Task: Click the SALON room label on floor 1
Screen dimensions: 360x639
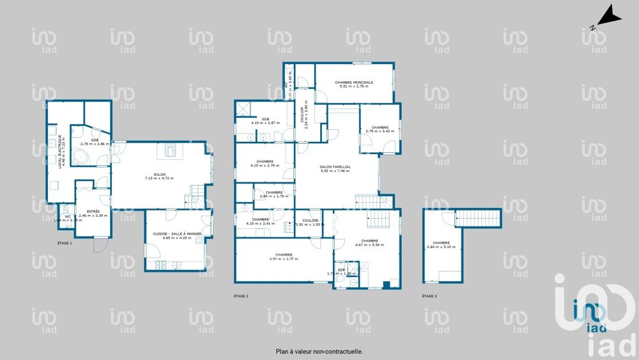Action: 160,174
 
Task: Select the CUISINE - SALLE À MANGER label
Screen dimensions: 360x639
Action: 177,234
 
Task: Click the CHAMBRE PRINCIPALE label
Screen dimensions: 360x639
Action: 354,82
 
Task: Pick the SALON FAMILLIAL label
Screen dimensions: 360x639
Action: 335,167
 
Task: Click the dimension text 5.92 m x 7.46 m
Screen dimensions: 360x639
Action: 335,171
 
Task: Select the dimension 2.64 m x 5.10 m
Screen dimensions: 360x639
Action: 441,247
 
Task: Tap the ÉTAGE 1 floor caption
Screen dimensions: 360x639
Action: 65,244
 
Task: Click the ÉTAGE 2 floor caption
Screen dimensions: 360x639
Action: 241,296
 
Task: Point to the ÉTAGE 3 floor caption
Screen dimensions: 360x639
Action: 429,296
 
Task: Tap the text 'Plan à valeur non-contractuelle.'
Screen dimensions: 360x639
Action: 319,351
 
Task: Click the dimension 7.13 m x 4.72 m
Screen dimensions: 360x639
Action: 160,178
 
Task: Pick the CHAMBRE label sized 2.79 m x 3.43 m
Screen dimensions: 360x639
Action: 380,128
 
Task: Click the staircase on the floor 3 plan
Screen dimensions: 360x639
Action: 478,217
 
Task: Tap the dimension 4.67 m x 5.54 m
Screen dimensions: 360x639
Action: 369,245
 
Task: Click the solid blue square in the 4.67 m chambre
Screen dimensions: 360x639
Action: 385,284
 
